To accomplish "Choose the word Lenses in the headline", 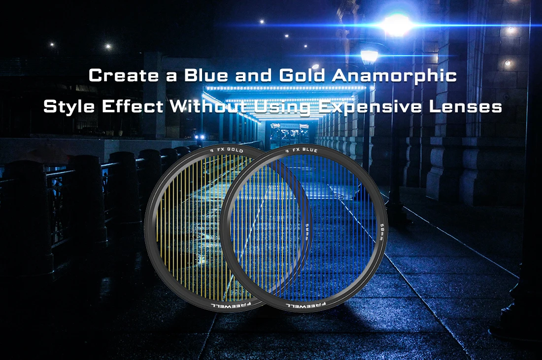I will click(470, 107).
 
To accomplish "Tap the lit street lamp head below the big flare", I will click(369, 56).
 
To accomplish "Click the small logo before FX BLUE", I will click(287, 150).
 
